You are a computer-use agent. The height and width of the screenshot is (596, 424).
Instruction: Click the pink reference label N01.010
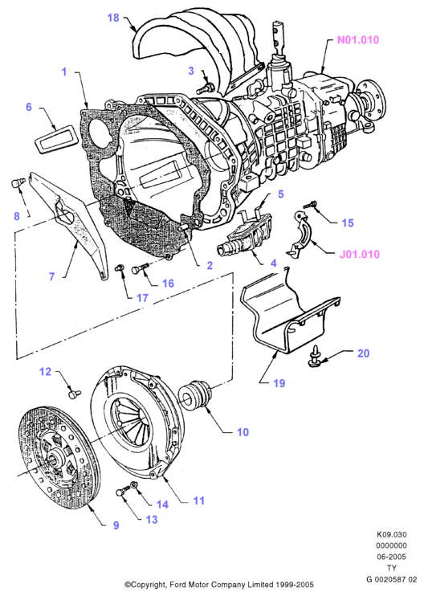(x=358, y=40)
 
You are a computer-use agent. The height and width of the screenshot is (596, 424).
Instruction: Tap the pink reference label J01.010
(x=360, y=254)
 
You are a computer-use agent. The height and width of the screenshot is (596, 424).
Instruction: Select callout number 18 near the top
(x=113, y=18)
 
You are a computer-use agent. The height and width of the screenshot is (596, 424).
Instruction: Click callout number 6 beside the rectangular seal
(x=29, y=107)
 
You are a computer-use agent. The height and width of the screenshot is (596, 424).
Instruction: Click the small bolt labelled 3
(x=206, y=88)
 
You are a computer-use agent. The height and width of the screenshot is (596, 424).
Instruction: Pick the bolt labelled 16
(x=140, y=269)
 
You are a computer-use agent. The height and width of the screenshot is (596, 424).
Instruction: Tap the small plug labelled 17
(x=120, y=267)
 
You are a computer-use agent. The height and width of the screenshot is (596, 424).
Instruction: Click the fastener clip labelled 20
(x=315, y=357)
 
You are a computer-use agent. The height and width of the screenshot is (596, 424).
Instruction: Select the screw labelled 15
(x=310, y=206)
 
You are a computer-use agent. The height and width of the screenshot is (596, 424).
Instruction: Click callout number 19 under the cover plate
(x=279, y=383)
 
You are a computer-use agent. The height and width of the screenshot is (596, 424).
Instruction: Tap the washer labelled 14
(x=134, y=485)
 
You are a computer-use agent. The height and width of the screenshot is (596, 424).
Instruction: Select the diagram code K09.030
(x=392, y=534)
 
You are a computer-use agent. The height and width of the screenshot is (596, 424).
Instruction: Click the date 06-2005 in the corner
(x=392, y=557)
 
